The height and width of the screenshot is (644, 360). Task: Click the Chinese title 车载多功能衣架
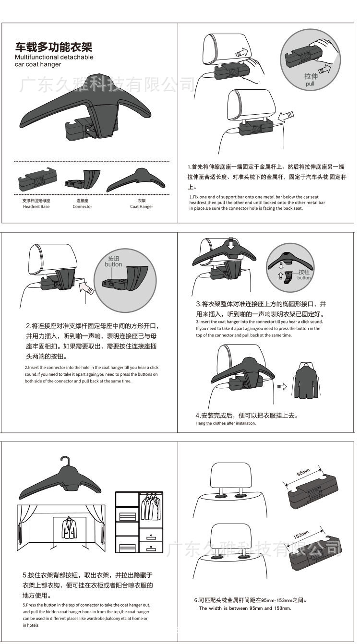53,47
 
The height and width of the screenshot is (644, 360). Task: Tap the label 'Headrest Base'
36,207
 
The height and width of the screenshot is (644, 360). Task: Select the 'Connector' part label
82,207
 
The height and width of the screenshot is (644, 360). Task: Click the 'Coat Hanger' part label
141,207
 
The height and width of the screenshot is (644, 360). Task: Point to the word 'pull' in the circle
311,84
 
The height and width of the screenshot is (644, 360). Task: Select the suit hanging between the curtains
70,528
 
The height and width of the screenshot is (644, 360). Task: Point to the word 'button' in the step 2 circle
113,264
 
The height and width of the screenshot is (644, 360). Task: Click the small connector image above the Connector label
84,179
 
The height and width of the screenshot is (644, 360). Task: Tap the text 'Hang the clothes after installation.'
226,423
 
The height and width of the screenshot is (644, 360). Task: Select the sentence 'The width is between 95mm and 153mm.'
245,608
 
